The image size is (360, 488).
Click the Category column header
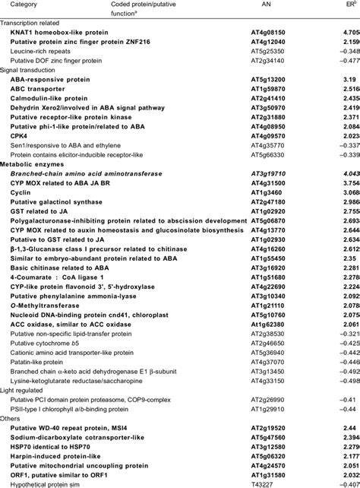16,5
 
